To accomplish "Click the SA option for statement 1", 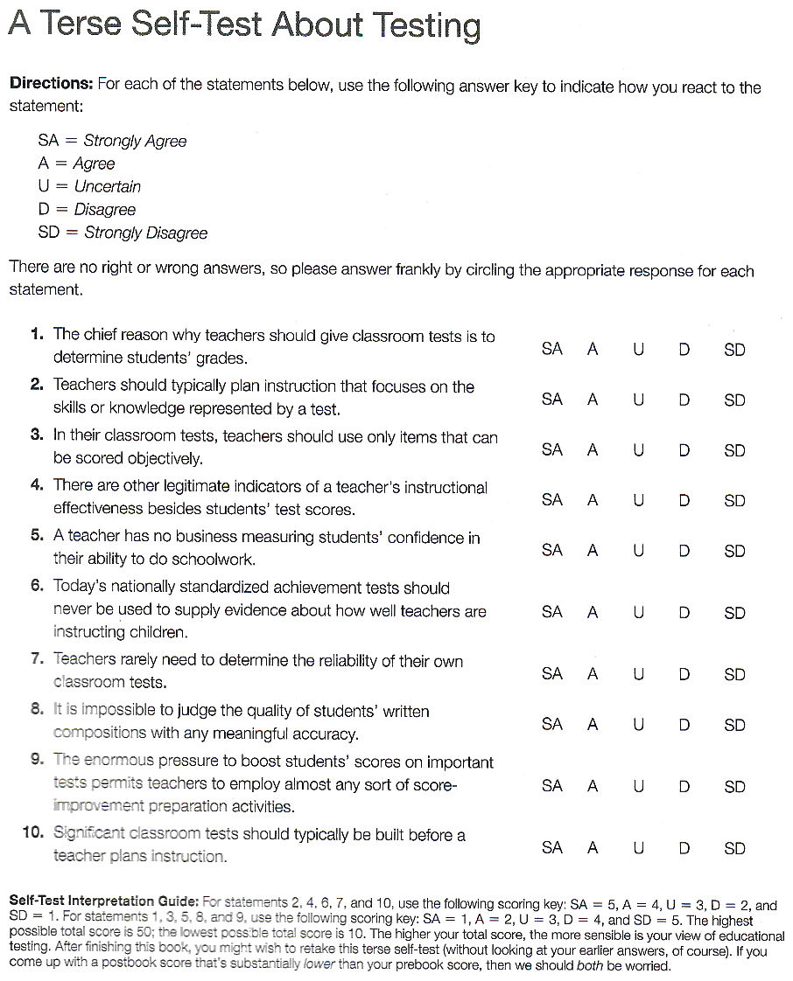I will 552,349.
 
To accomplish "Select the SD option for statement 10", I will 735,848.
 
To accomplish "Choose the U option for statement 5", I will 638,551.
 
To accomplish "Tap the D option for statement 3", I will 684,450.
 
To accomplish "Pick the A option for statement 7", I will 593,674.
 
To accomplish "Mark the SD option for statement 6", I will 735,613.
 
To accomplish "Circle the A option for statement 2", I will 593,400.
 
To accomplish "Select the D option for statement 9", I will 684,787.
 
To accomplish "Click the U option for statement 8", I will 638,725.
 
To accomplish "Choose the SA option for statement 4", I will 552,500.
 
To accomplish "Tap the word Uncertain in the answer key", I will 108,186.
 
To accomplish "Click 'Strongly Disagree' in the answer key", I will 146,233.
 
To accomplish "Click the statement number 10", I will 33,833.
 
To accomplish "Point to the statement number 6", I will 37,587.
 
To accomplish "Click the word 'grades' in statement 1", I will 222,358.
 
